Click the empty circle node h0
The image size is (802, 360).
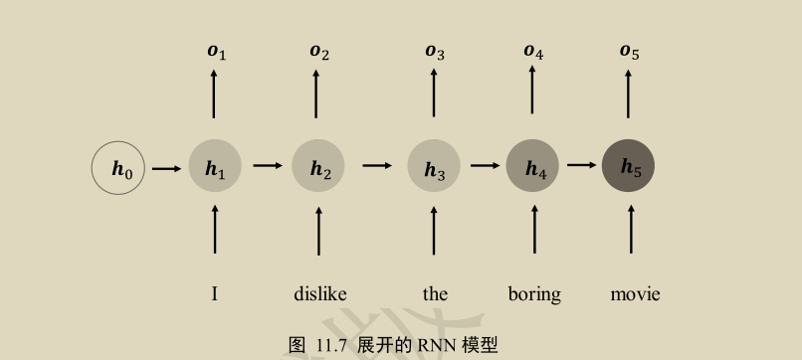[x=118, y=167]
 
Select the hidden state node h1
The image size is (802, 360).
[x=215, y=167]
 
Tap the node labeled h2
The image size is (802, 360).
[x=318, y=167]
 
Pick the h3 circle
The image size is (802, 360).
[x=434, y=167]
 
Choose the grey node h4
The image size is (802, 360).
[x=534, y=167]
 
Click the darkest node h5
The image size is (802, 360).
[x=629, y=166]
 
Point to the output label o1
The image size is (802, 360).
[x=216, y=51]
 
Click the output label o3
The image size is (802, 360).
[x=435, y=51]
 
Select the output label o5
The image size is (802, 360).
[x=629, y=51]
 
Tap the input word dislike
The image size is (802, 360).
[x=320, y=293]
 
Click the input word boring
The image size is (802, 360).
[x=534, y=294]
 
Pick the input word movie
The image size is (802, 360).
[x=635, y=293]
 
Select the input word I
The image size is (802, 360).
[x=215, y=293]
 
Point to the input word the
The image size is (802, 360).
[x=435, y=293]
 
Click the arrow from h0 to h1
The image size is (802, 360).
[x=166, y=167]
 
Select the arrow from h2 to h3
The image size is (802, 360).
[x=376, y=165]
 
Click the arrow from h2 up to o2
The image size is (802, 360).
[x=316, y=94]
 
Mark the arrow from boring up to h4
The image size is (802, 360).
[x=534, y=230]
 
